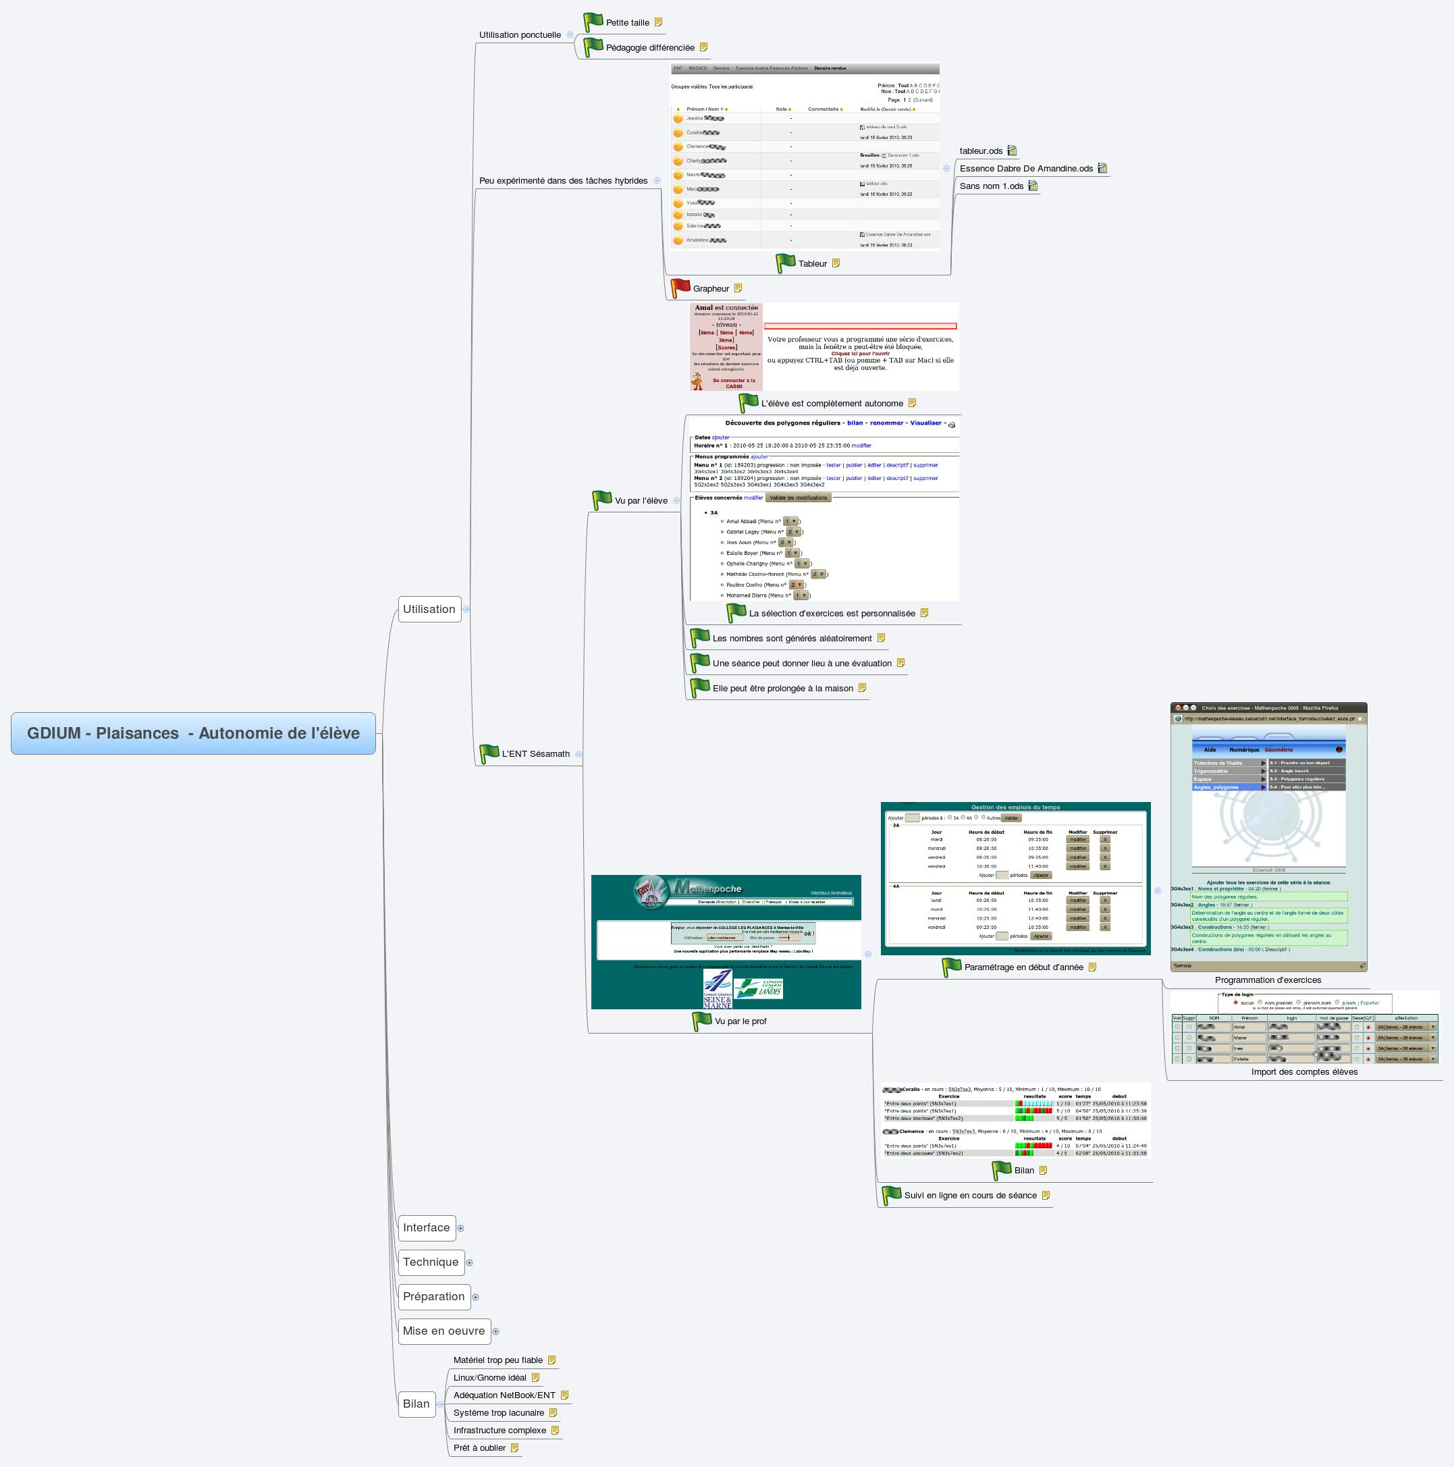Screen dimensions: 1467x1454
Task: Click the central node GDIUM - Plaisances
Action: click(x=193, y=733)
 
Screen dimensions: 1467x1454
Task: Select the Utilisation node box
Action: click(x=429, y=609)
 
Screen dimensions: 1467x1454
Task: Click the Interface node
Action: click(x=426, y=1228)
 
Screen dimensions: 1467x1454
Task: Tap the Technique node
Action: click(x=431, y=1262)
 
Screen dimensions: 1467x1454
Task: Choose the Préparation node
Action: click(x=433, y=1296)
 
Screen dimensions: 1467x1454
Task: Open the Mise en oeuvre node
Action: click(x=443, y=1331)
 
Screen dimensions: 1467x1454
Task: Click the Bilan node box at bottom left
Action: click(x=416, y=1404)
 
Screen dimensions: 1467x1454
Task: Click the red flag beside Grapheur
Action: click(x=680, y=288)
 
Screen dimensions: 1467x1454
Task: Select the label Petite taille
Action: click(x=627, y=23)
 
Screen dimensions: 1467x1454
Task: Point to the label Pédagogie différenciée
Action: click(x=650, y=48)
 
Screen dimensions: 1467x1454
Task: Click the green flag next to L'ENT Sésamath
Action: click(x=489, y=754)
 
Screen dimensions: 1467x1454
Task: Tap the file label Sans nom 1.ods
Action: click(x=991, y=186)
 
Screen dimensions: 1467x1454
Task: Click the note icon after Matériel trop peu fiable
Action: click(x=552, y=1360)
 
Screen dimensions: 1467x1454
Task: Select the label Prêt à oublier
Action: click(x=479, y=1448)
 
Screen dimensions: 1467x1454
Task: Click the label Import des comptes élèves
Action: click(x=1303, y=1072)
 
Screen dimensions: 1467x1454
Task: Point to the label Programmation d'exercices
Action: click(x=1267, y=980)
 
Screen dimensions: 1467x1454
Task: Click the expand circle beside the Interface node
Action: click(x=461, y=1229)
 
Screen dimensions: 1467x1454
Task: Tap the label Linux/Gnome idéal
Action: click(x=489, y=1377)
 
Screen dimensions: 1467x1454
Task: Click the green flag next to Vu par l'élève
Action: click(x=602, y=500)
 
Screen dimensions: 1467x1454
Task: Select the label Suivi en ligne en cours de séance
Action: click(x=969, y=1195)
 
